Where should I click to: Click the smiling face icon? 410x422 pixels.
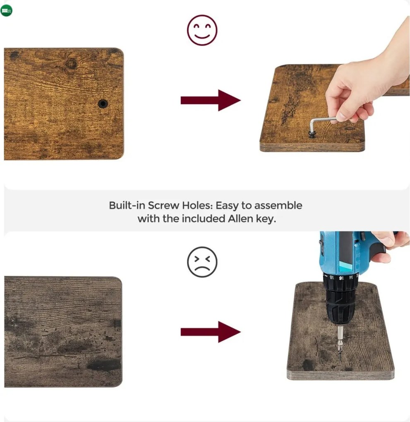[202, 30]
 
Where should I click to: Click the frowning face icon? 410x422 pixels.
[202, 262]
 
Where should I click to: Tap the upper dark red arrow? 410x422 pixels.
[211, 101]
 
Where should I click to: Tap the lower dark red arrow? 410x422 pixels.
[211, 332]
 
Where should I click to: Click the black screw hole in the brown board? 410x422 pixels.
[103, 103]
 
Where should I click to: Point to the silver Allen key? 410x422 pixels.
[322, 123]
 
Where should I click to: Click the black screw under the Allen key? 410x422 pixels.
[312, 134]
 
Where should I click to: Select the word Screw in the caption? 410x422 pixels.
[163, 205]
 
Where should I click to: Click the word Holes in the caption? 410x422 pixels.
[197, 205]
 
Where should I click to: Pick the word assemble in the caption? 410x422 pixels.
[278, 205]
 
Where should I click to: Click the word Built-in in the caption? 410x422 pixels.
[127, 205]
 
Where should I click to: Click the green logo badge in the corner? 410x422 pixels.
[6, 11]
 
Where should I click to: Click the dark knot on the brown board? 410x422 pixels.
[71, 64]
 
